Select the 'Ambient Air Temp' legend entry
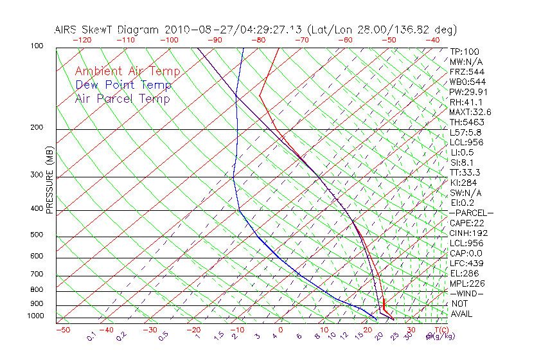pyautogui.click(x=127, y=71)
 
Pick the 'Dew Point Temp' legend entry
pyautogui.click(x=123, y=85)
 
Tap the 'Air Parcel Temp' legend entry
pyautogui.click(x=122, y=98)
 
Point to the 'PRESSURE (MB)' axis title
pyautogui.click(x=49, y=180)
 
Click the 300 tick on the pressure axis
pyautogui.click(x=37, y=175)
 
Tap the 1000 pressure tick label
pyautogui.click(x=35, y=316)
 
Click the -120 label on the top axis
pyautogui.click(x=82, y=40)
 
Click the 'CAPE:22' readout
pyautogui.click(x=466, y=223)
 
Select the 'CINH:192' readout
pyautogui.click(x=468, y=233)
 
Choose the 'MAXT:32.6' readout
pyautogui.click(x=470, y=113)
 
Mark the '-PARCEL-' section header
pyautogui.click(x=471, y=213)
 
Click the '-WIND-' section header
pyautogui.click(x=466, y=293)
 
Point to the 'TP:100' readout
pyautogui.click(x=464, y=52)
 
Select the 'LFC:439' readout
pyautogui.click(x=466, y=263)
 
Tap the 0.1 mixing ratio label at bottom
pyautogui.click(x=93, y=336)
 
